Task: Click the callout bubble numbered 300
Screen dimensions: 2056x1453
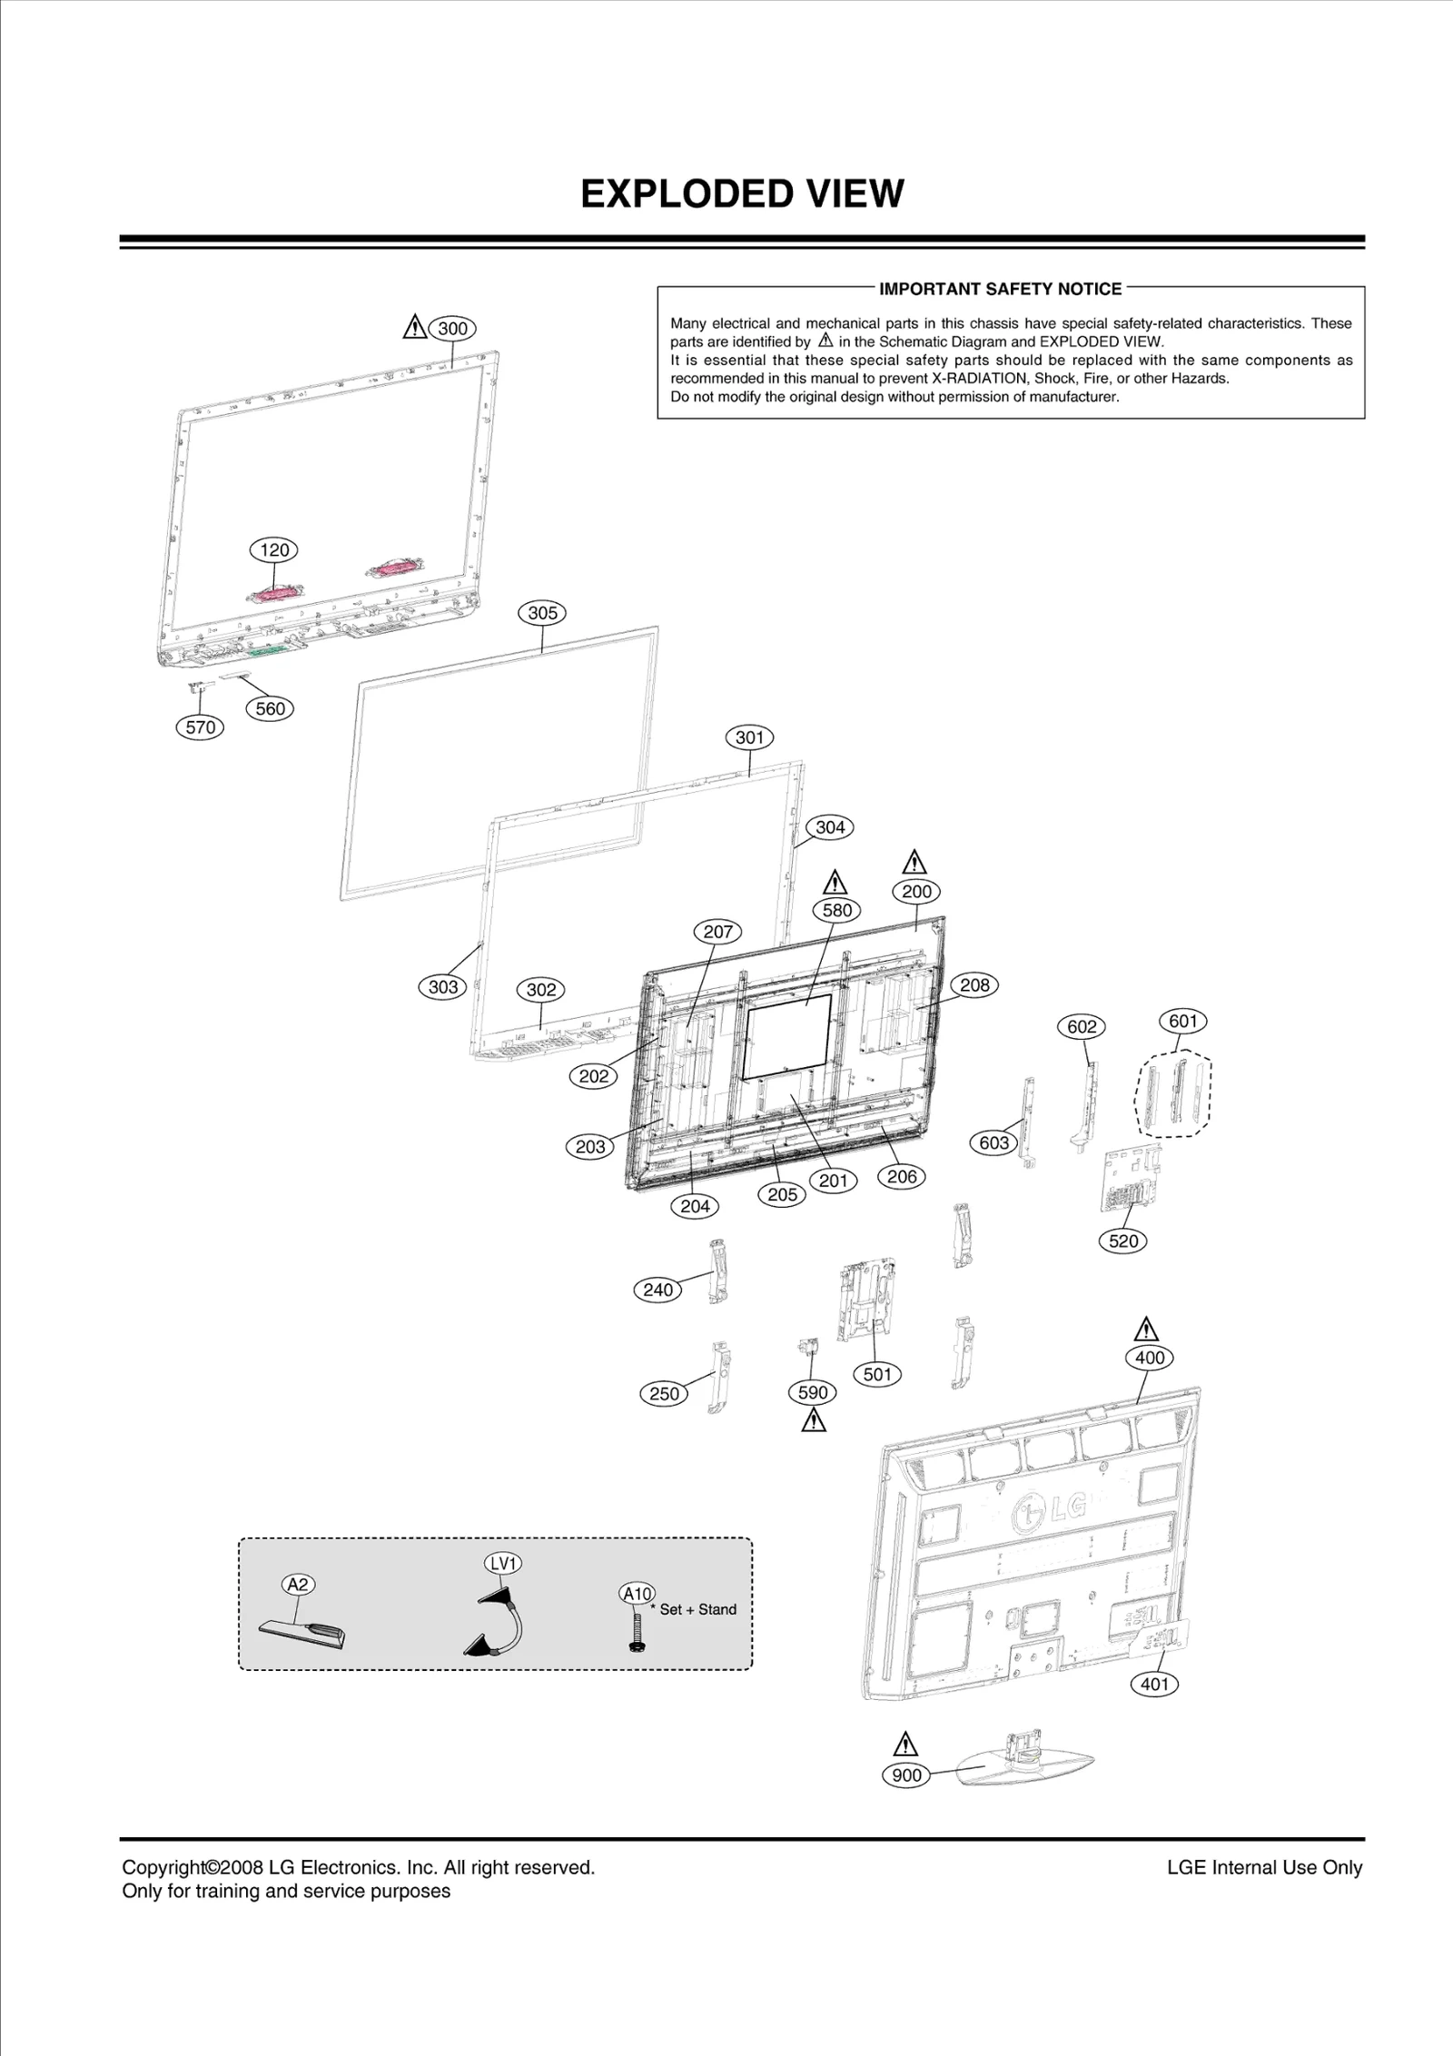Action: point(452,329)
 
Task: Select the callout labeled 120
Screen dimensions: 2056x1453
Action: point(274,549)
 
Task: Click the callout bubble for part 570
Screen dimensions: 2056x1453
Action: point(200,727)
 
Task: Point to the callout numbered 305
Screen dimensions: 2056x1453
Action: point(542,613)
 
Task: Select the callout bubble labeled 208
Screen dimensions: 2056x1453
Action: point(974,985)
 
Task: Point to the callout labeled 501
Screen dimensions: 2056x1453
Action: point(877,1374)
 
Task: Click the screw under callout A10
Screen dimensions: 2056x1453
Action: point(637,1632)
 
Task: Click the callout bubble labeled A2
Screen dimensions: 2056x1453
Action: point(298,1585)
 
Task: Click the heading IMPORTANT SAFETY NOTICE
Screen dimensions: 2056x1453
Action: point(1000,289)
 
